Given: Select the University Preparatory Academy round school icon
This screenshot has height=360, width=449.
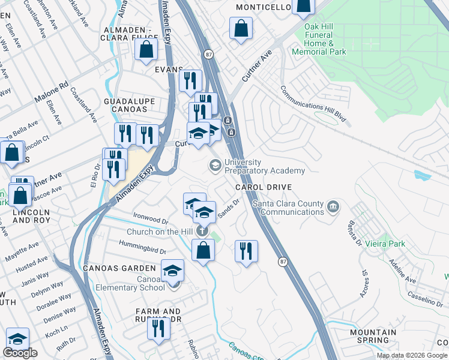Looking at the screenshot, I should [x=215, y=165].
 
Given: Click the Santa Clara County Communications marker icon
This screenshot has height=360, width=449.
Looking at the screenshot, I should [x=334, y=208].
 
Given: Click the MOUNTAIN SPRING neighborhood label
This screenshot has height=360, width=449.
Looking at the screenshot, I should [x=373, y=336].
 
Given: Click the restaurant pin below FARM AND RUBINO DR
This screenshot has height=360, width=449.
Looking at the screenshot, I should [x=158, y=329].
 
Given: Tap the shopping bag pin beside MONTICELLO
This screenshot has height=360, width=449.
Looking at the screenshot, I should [x=304, y=6].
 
